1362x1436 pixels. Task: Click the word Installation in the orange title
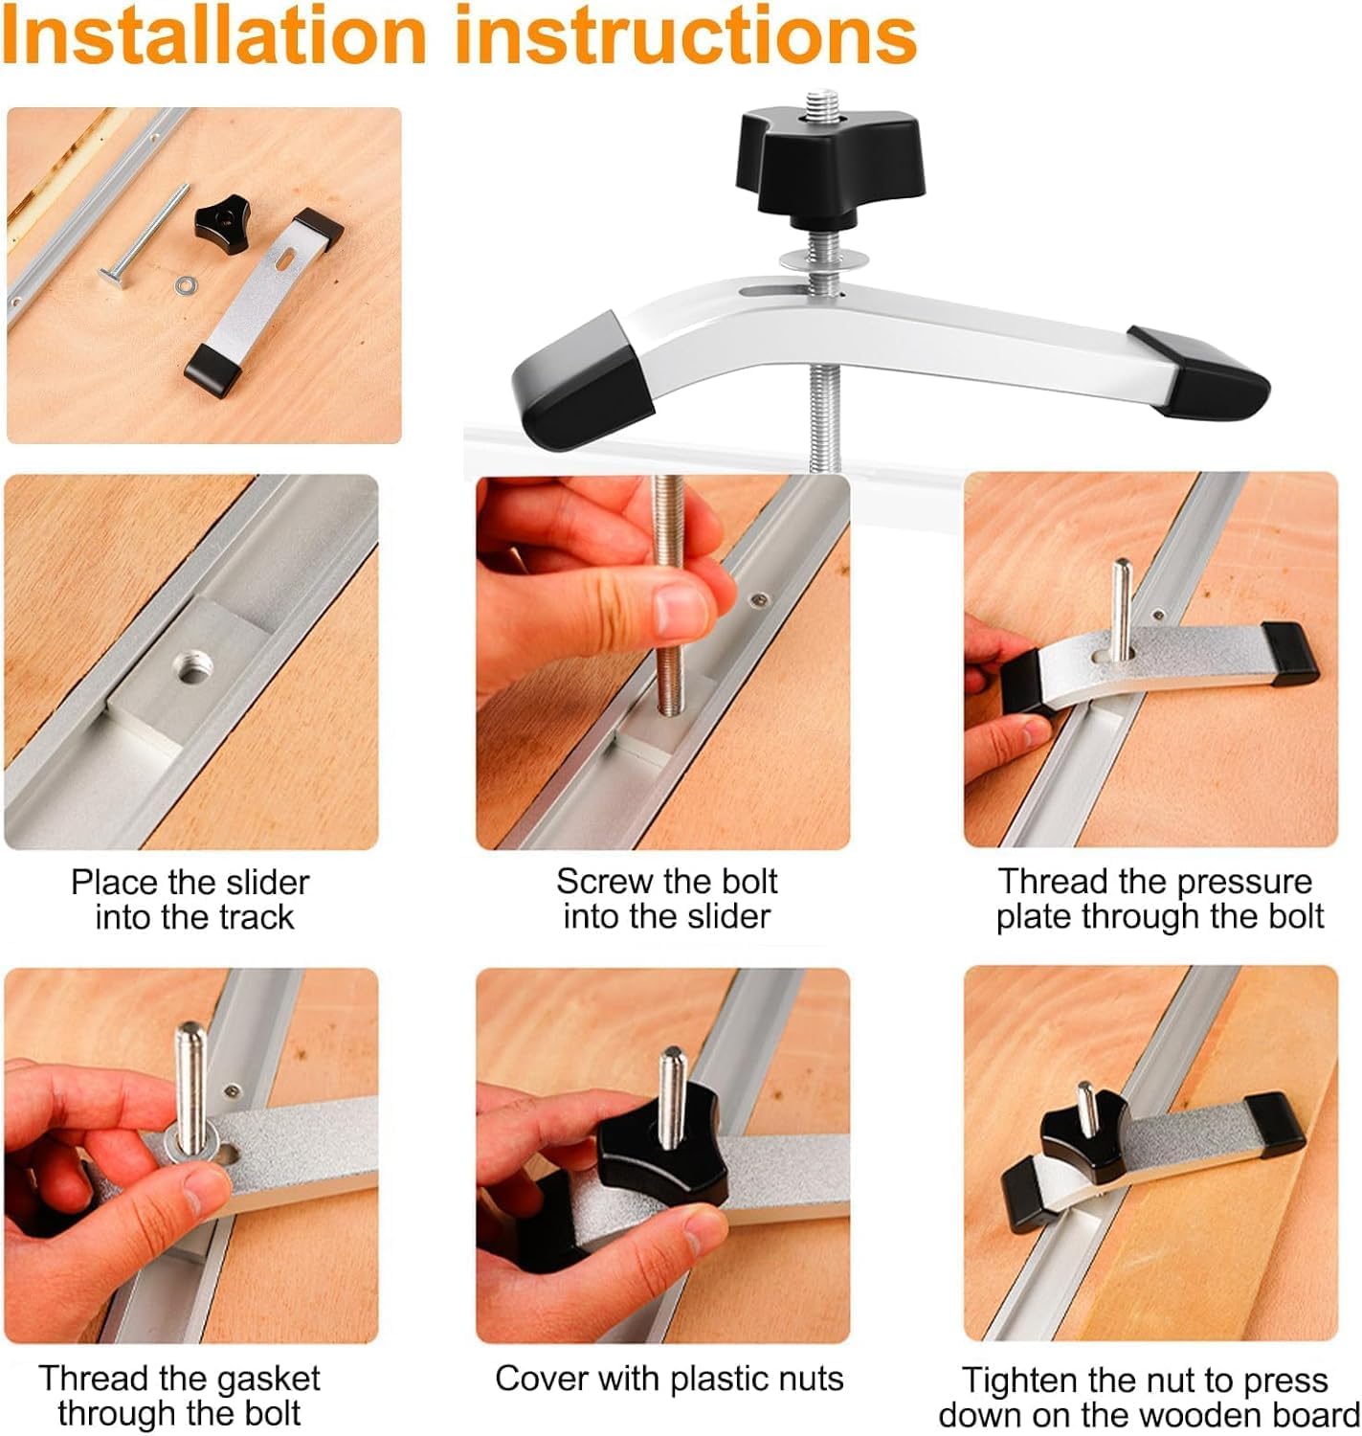214,34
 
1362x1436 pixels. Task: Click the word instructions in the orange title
685,34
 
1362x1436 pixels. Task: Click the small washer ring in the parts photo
184,285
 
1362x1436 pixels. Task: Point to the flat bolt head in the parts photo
113,278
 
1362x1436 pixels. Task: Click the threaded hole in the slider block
192,666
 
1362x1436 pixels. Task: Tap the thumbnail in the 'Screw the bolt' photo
681,611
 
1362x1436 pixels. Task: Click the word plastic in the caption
723,1379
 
